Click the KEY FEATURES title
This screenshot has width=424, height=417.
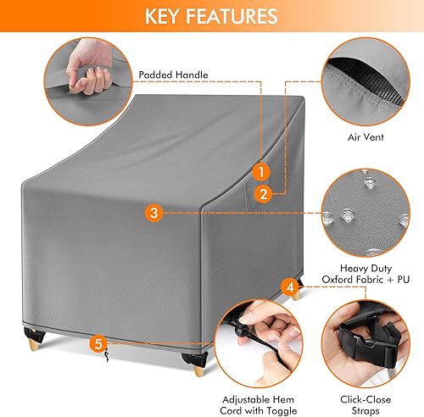coord(211,16)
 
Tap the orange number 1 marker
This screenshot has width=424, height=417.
coord(263,171)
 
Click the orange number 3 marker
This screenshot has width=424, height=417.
coord(152,213)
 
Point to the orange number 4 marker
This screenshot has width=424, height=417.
coord(291,288)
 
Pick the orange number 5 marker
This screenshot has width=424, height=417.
coord(98,344)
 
